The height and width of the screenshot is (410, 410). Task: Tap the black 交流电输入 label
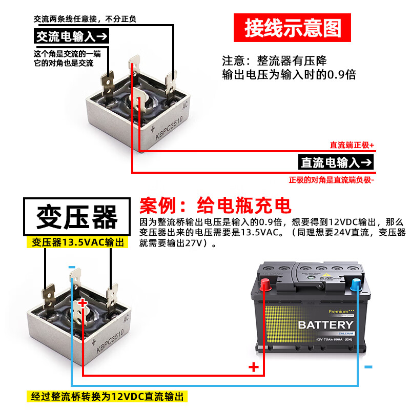click(x=71, y=36)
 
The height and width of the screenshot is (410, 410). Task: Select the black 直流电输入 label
click(x=336, y=162)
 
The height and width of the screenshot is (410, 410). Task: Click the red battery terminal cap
click(x=266, y=284)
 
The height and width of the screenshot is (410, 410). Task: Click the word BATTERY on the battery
click(x=325, y=325)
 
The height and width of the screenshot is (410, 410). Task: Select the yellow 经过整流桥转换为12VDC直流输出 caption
click(x=107, y=396)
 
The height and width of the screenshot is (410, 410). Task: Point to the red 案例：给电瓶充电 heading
click(x=215, y=206)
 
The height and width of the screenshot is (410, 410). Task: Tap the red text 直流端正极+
click(x=352, y=146)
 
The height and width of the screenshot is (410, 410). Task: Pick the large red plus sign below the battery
click(x=254, y=366)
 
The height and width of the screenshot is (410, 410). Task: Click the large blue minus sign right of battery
click(x=368, y=367)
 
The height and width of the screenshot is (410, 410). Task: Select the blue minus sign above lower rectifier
click(x=71, y=266)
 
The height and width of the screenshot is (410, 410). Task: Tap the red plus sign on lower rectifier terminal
click(x=83, y=303)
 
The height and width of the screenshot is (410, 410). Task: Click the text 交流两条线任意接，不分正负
click(x=85, y=19)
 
